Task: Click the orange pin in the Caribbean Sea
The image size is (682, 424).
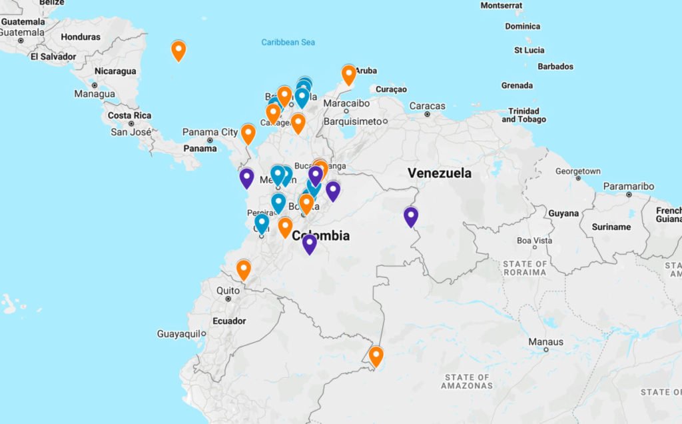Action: click(x=178, y=50)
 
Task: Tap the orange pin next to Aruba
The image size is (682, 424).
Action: click(x=349, y=74)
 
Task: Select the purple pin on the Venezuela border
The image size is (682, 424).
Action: click(x=411, y=216)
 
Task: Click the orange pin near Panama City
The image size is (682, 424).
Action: click(x=248, y=133)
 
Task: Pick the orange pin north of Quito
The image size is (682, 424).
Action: click(x=244, y=269)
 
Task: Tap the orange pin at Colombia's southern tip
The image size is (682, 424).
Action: click(x=376, y=356)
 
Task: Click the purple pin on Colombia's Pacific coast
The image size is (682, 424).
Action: click(x=247, y=177)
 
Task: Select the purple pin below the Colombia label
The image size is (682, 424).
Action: click(x=309, y=243)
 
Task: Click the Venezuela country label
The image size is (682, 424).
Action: click(x=440, y=173)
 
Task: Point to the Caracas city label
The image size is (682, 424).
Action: click(x=427, y=106)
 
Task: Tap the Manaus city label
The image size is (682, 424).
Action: click(x=545, y=342)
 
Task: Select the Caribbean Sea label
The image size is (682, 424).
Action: click(x=288, y=43)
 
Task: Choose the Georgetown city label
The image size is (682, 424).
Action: click(x=577, y=171)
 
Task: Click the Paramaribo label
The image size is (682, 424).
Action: click(x=628, y=186)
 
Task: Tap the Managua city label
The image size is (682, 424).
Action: click(x=94, y=94)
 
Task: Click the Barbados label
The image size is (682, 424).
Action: click(x=555, y=67)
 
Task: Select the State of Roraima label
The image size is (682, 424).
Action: click(x=525, y=268)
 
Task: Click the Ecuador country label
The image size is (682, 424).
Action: click(x=229, y=321)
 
